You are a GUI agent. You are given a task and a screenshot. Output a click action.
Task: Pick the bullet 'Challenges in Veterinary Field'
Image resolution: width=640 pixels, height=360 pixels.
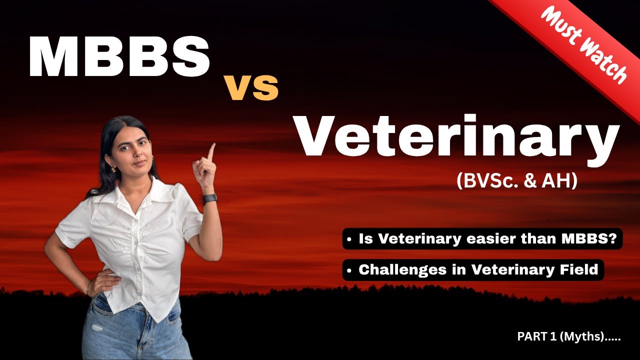[x=472, y=270]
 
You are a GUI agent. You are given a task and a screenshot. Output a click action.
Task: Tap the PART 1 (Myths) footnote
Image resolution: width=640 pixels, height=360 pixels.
[x=569, y=337]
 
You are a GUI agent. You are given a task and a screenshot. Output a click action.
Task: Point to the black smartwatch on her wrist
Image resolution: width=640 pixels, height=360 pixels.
[x=210, y=199]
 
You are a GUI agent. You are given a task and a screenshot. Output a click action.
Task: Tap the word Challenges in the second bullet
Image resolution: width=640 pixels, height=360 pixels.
[x=394, y=270]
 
